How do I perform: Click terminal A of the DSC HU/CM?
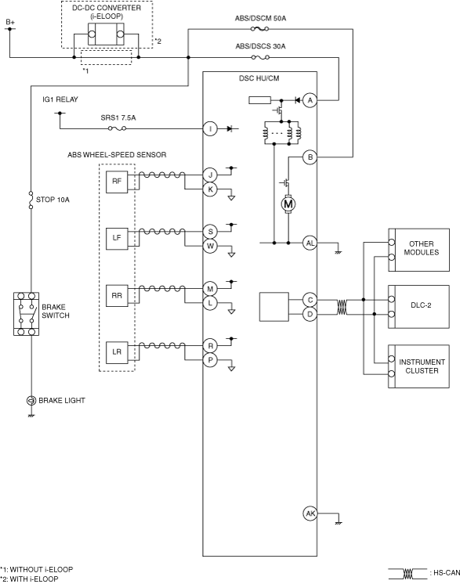click(310, 100)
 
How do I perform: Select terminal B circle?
click(310, 157)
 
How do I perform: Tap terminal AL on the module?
click(310, 243)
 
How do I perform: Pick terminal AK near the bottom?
click(310, 514)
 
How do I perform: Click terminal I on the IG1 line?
click(210, 129)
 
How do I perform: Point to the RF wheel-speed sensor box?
click(117, 182)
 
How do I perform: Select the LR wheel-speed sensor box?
click(117, 352)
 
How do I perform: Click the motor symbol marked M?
click(288, 204)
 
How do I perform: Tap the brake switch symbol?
click(26, 314)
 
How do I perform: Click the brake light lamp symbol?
click(31, 400)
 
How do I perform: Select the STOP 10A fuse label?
click(53, 200)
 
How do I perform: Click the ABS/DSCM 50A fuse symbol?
click(260, 29)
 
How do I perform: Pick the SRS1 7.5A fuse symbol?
click(117, 128)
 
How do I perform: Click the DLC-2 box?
click(418, 307)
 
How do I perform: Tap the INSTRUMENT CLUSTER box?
click(418, 366)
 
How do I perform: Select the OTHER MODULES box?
click(418, 250)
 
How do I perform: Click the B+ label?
click(10, 23)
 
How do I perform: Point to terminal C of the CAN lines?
click(310, 300)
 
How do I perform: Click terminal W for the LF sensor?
click(210, 246)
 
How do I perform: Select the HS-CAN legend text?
click(446, 573)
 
